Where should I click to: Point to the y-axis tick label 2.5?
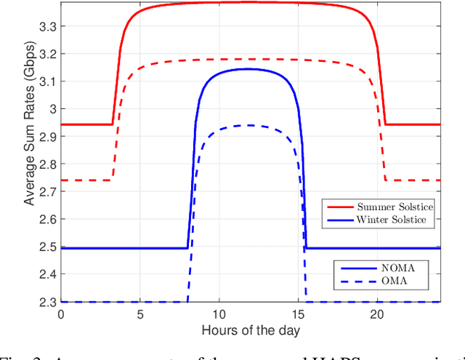46,247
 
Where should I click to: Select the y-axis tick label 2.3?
46,302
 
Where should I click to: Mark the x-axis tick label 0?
60,313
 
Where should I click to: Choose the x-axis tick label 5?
139,313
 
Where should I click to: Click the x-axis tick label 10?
219,313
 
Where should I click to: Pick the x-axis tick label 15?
298,313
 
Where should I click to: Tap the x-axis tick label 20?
377,313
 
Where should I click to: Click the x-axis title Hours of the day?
250,330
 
